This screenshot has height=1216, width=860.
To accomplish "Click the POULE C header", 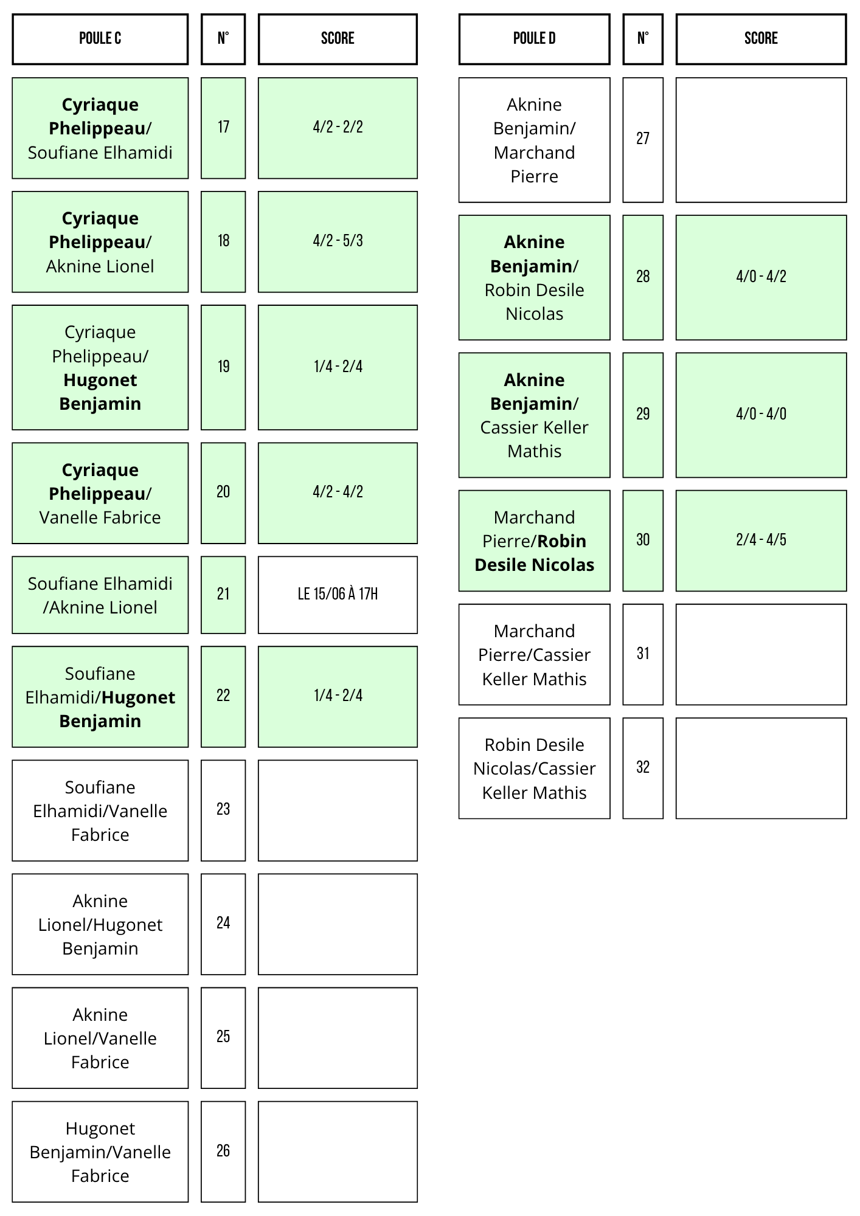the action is tap(100, 39).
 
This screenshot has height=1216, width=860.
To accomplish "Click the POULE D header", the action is tap(534, 39).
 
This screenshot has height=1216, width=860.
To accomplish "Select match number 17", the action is tap(223, 128).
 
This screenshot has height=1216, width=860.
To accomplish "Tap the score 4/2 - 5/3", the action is tap(338, 241).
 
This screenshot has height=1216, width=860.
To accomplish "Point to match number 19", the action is tap(223, 367).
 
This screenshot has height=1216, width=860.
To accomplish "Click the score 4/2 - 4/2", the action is tap(338, 492).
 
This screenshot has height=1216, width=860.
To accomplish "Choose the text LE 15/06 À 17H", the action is tap(338, 594).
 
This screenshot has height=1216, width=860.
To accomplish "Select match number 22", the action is tap(223, 696).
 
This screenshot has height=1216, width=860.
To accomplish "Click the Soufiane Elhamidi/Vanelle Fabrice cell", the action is tap(100, 810).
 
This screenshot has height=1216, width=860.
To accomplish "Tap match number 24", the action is tap(223, 924).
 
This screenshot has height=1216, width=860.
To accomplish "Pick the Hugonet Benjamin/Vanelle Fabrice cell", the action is tap(100, 1152).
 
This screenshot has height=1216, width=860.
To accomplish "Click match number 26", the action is tap(223, 1152).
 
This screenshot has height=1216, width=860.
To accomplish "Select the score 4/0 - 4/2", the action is tap(761, 277).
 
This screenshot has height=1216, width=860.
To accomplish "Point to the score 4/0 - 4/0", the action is tap(761, 415).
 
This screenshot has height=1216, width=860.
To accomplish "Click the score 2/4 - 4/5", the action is tap(761, 541).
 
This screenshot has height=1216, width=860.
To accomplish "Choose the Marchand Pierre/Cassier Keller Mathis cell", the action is tap(534, 654).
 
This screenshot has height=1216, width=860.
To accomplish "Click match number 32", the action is tap(643, 768).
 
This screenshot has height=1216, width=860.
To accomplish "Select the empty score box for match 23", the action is tap(338, 810).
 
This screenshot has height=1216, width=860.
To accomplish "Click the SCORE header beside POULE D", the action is tap(761, 39).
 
